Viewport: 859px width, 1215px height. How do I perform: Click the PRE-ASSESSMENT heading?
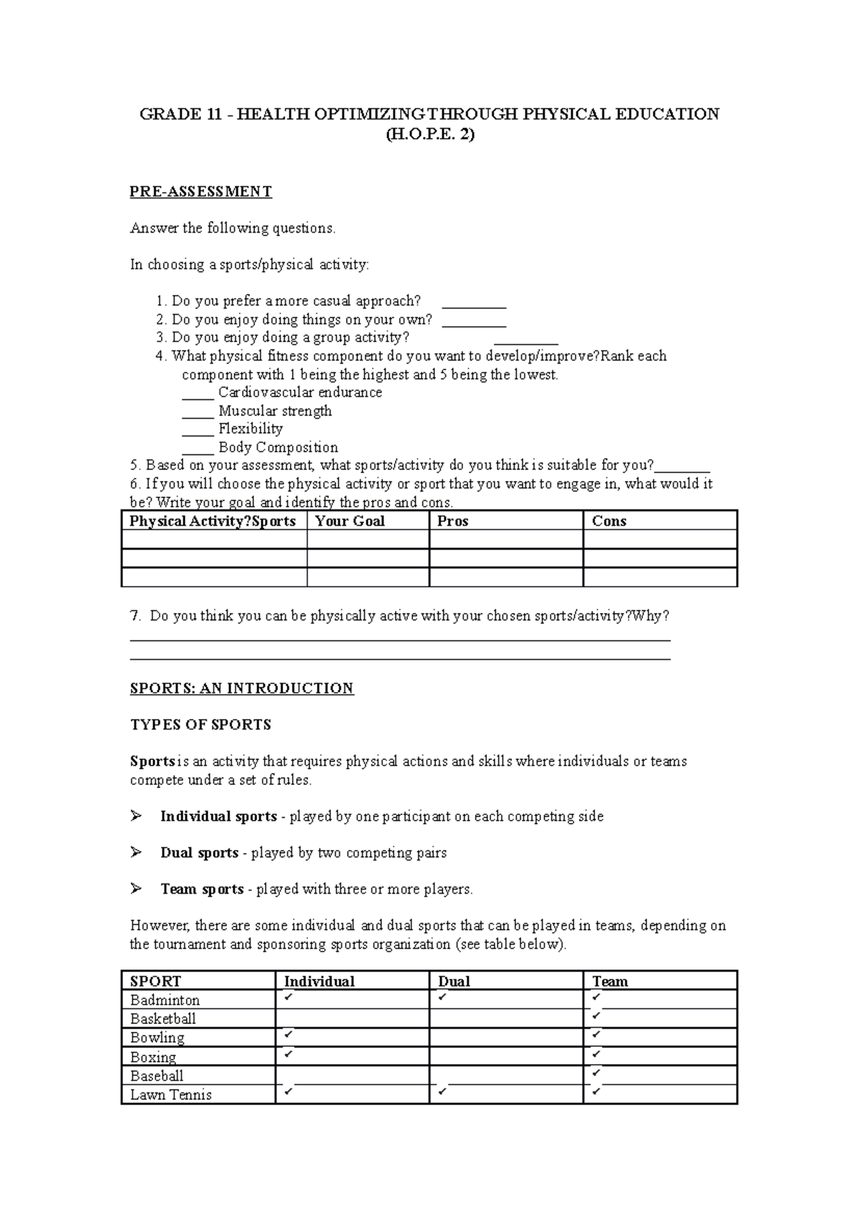tap(200, 192)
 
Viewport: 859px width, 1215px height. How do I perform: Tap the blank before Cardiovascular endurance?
tap(198, 397)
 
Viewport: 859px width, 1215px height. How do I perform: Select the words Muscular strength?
tap(275, 411)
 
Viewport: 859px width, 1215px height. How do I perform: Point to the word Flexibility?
tap(251, 429)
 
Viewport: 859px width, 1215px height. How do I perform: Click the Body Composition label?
tap(278, 447)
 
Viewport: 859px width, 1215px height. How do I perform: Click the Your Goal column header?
tap(350, 521)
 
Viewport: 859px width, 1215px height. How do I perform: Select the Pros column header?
tap(452, 521)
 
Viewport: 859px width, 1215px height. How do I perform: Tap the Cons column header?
tap(609, 521)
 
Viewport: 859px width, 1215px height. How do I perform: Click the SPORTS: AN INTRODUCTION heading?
tap(241, 688)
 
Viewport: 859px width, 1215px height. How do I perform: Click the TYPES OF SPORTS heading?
tap(200, 725)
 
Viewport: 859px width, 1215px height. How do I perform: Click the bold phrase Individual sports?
tap(218, 816)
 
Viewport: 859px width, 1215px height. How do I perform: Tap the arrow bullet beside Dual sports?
tap(136, 852)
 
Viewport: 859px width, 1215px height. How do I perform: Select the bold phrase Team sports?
tap(202, 889)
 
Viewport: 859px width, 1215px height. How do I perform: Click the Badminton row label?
tap(165, 1000)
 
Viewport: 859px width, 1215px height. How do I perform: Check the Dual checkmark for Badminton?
tap(443, 996)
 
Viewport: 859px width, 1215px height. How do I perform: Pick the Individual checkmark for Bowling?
tap(288, 1034)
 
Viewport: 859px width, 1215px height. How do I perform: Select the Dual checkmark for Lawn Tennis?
tap(443, 1091)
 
